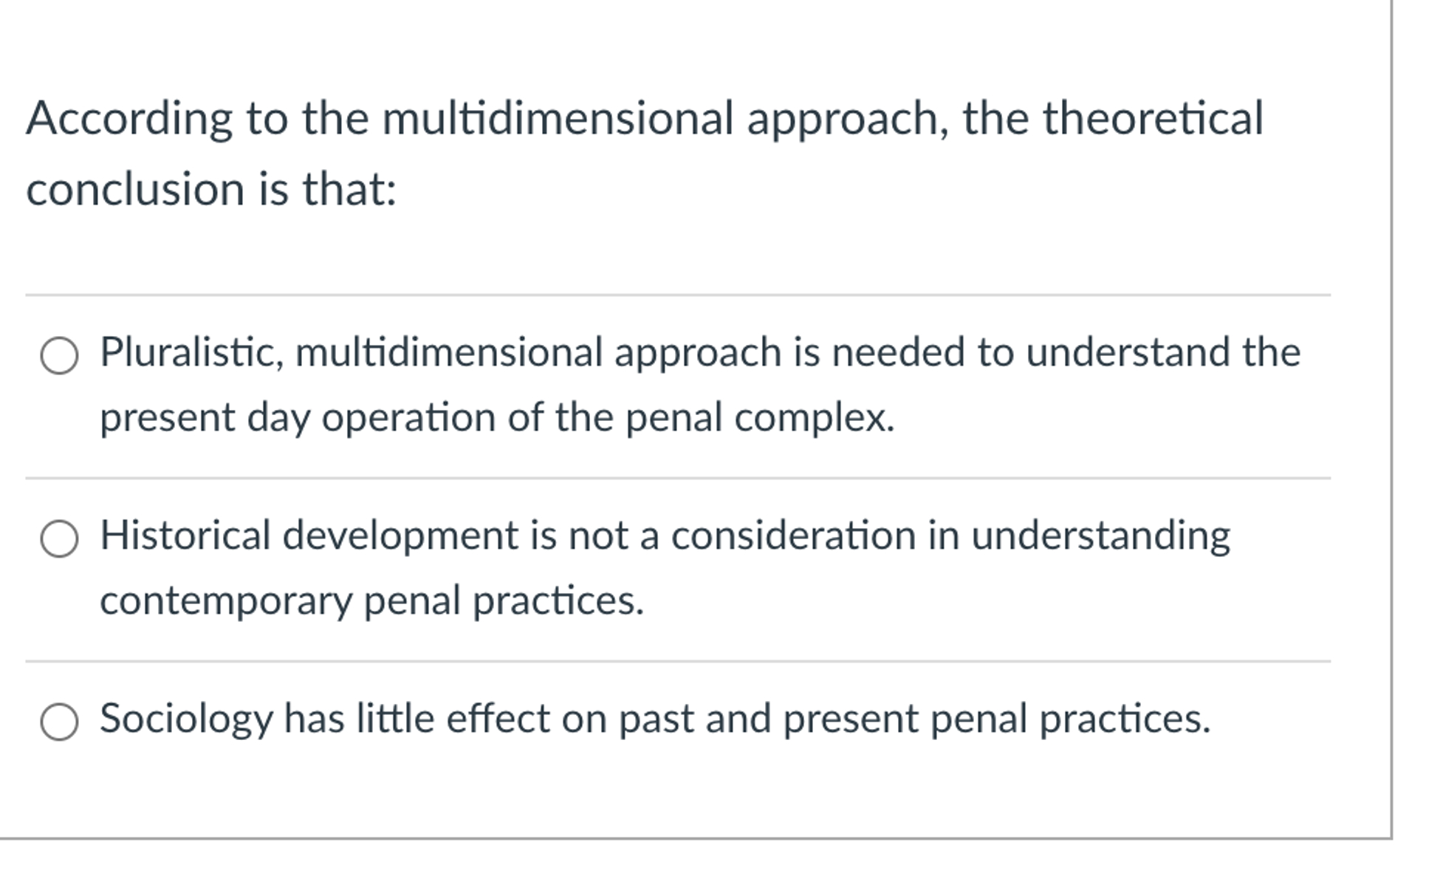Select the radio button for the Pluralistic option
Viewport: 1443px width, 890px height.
59,356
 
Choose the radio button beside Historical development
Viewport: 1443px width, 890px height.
59,538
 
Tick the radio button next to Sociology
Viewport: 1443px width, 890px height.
59,722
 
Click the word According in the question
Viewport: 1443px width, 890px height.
129,120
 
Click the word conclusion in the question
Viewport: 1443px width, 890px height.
135,189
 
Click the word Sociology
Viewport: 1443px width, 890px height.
186,719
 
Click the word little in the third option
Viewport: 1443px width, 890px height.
395,718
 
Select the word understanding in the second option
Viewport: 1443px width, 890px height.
1100,536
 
